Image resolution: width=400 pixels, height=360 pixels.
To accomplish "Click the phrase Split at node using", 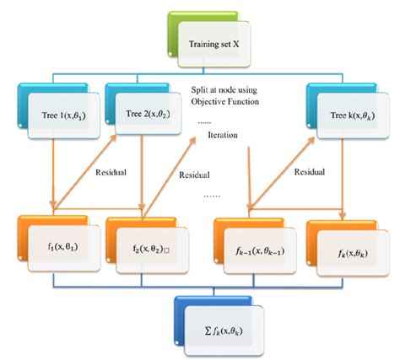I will click(226, 90).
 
